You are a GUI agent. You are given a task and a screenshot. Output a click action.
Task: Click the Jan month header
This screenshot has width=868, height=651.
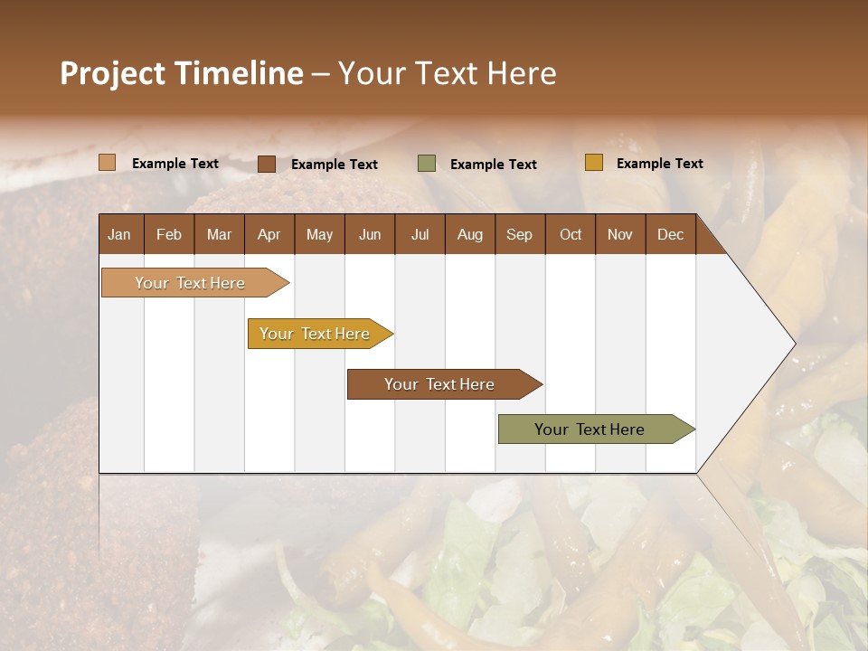pyautogui.click(x=120, y=234)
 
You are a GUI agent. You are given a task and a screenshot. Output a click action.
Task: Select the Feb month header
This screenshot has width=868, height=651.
pyautogui.click(x=169, y=234)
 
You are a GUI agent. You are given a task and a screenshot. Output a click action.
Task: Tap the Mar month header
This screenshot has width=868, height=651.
pyautogui.click(x=219, y=234)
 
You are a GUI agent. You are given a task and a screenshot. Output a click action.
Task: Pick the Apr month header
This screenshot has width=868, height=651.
pyautogui.click(x=269, y=234)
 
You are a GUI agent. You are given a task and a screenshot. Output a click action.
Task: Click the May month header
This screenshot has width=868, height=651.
pyautogui.click(x=319, y=234)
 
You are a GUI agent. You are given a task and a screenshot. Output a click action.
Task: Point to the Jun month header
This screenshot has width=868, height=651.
pyautogui.click(x=370, y=234)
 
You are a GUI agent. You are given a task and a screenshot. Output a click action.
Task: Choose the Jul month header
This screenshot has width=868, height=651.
pyautogui.click(x=420, y=234)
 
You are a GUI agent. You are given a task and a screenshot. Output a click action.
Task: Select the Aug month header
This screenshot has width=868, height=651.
pyautogui.click(x=470, y=234)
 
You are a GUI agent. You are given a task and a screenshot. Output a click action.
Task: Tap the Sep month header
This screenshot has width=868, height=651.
pyautogui.click(x=520, y=234)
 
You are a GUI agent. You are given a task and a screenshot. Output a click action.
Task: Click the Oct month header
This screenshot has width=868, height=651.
pyautogui.click(x=571, y=234)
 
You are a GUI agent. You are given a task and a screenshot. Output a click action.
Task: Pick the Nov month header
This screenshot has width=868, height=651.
pyautogui.click(x=620, y=234)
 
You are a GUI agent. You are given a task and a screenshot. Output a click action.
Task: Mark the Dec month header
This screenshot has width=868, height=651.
pyautogui.click(x=671, y=234)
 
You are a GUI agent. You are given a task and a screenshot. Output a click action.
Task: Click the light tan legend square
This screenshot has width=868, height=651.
pyautogui.click(x=108, y=163)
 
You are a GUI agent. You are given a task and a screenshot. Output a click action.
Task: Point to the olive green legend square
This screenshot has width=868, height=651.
pyautogui.click(x=427, y=164)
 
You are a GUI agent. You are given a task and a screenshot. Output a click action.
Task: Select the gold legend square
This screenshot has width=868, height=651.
pyautogui.click(x=594, y=163)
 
